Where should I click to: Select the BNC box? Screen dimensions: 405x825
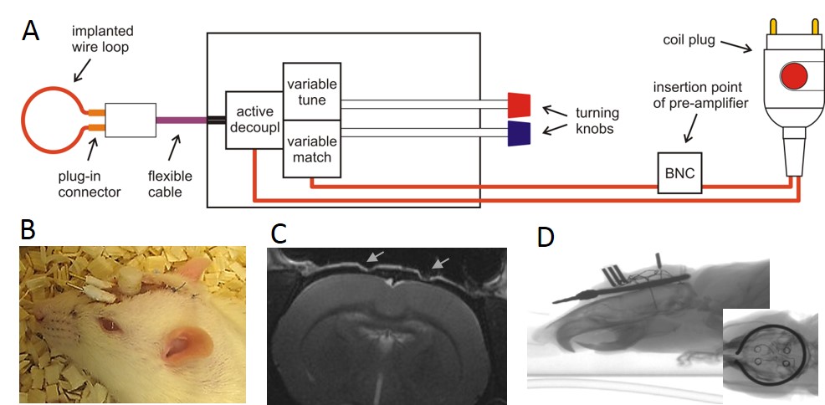[679, 173]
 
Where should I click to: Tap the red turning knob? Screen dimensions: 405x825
[520, 105]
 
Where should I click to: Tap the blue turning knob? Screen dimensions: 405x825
[520, 133]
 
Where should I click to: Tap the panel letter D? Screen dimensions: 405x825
[546, 237]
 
